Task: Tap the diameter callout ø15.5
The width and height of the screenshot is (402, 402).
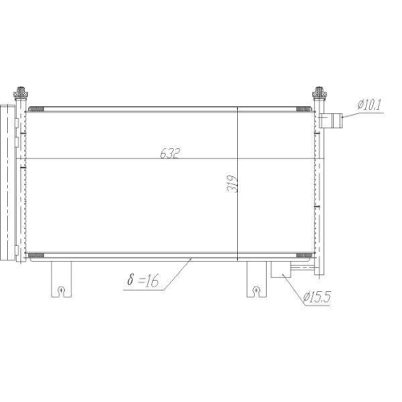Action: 317,298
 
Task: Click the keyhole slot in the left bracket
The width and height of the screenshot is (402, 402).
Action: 61,287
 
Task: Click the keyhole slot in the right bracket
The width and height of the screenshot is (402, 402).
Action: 255,287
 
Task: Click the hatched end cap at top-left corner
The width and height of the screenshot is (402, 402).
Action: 35,109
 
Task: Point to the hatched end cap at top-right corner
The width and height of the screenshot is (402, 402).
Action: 304,109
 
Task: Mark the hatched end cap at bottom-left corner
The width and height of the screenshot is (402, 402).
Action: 35,256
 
